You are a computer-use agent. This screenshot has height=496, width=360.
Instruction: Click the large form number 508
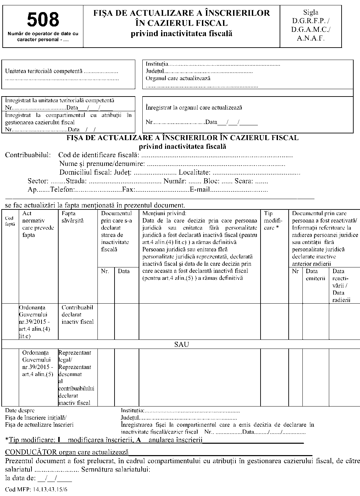point(43,19)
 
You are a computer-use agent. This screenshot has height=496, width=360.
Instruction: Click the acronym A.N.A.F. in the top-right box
point(310,38)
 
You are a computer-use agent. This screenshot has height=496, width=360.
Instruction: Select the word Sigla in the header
point(310,13)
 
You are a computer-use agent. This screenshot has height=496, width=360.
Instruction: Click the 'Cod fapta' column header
point(10,221)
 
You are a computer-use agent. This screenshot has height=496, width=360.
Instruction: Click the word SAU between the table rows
point(182,345)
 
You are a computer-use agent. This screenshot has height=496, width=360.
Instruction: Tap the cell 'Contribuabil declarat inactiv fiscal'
point(77,314)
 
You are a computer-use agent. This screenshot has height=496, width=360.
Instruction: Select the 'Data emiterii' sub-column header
point(315,275)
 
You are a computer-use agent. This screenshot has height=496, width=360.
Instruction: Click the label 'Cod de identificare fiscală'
point(98,155)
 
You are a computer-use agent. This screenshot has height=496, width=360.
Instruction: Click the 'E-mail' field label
point(200,190)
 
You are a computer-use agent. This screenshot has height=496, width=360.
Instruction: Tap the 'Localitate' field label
point(194,173)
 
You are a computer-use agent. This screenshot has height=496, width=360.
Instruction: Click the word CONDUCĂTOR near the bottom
point(31,452)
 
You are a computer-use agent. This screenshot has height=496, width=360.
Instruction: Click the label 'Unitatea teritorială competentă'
point(44,71)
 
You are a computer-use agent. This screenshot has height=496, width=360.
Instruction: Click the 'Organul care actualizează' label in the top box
point(178,78)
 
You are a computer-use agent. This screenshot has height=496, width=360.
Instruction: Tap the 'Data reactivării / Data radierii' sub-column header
point(341,286)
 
